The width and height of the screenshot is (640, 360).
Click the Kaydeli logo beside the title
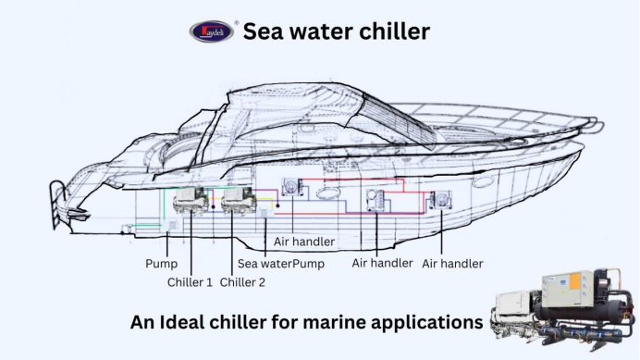tap(212, 31)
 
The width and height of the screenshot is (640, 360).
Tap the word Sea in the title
tap(264, 31)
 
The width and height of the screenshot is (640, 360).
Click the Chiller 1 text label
tap(191, 282)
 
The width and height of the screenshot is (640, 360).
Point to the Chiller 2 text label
tap(242, 282)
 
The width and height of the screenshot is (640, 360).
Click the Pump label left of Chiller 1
tap(160, 264)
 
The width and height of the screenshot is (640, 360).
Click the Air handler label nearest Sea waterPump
tap(303, 242)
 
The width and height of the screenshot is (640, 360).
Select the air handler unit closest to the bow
tap(439, 199)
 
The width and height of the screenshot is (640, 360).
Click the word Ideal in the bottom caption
tap(201, 324)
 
